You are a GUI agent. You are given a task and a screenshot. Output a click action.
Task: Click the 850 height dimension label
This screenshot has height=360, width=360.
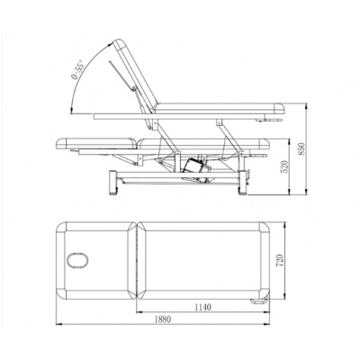[301, 148]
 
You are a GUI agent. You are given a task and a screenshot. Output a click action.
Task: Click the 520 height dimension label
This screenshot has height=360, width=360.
[284, 167]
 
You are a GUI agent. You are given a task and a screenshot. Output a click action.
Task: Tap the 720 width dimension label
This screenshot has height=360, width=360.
[279, 261]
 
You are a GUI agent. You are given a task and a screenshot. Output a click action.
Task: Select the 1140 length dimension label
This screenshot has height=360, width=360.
[203, 307]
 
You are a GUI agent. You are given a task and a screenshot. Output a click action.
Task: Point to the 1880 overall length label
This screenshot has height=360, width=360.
[163, 319]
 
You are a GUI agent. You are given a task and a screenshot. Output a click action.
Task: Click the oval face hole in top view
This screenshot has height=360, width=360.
[77, 260]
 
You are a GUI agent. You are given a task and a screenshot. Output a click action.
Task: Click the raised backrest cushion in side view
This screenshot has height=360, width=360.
[136, 75]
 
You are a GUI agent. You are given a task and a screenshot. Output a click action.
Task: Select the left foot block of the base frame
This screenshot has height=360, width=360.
[113, 183]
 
